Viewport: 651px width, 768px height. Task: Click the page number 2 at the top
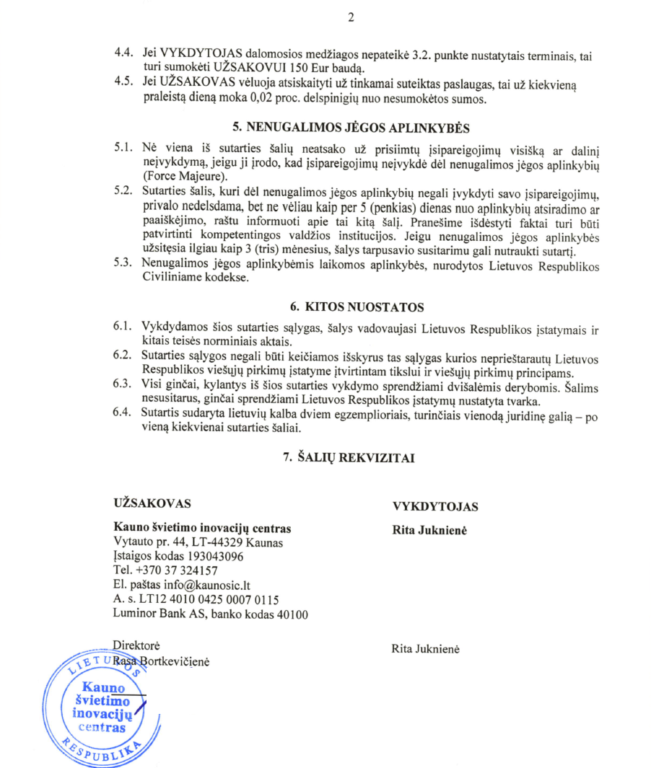(x=351, y=18)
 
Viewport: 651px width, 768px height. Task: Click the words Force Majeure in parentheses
(x=183, y=176)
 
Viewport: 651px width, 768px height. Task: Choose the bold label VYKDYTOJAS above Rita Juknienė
(x=434, y=506)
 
